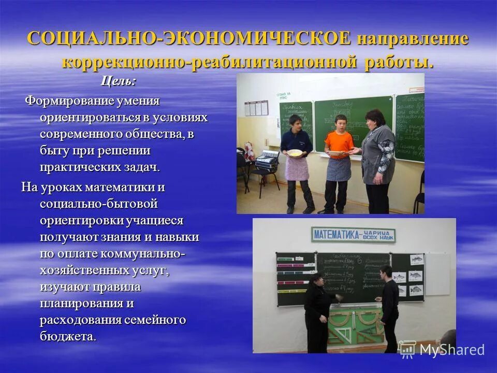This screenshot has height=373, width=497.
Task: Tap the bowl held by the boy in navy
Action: click(x=295, y=153)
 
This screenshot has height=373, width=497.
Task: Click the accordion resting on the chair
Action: click(x=267, y=161)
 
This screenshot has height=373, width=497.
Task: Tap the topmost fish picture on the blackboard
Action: click(x=416, y=259)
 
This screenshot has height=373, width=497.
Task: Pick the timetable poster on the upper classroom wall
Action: click(x=256, y=108)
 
